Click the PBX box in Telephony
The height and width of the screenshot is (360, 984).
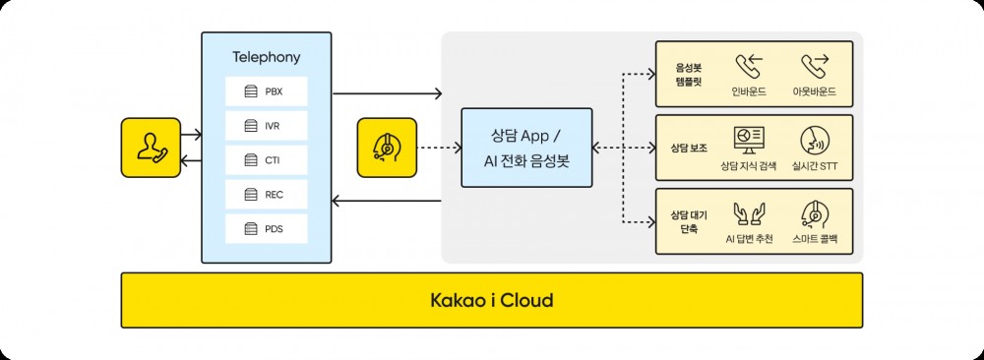(x=267, y=91)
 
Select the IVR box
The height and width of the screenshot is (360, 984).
(x=267, y=126)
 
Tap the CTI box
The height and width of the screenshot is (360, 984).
(x=267, y=160)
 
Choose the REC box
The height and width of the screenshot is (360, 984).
(x=267, y=195)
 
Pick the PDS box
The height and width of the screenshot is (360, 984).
(x=267, y=229)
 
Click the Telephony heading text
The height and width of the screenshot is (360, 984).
(x=266, y=57)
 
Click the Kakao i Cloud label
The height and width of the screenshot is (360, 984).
(x=491, y=300)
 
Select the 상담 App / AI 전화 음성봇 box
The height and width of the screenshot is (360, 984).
(x=526, y=149)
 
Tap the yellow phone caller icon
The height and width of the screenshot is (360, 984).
(x=151, y=148)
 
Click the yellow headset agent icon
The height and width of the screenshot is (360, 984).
(x=387, y=148)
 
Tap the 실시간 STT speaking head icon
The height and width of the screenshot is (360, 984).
(x=814, y=139)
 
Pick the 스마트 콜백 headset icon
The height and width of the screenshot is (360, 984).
(x=814, y=212)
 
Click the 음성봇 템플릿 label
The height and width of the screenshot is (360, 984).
(x=688, y=75)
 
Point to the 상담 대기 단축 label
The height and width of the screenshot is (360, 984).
(x=688, y=221)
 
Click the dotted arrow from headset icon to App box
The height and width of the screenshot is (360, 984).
(x=439, y=149)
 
